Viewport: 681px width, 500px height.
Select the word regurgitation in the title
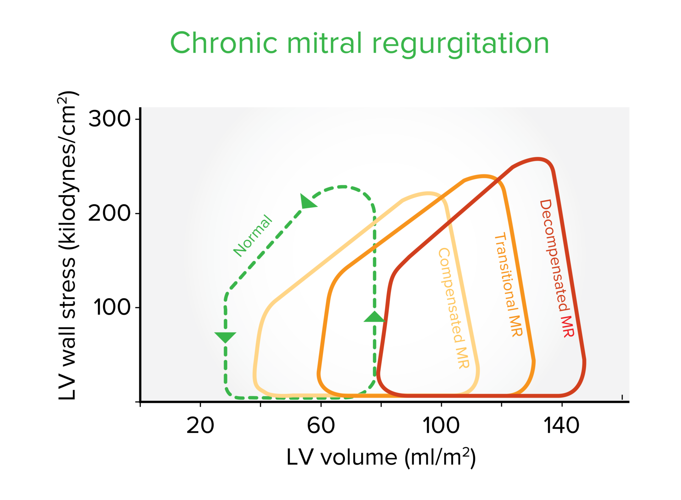[461, 44]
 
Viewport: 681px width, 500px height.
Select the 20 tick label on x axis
[200, 425]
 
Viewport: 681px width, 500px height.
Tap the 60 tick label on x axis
[321, 425]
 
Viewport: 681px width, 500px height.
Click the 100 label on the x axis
[441, 425]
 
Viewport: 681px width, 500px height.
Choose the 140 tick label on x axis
[561, 425]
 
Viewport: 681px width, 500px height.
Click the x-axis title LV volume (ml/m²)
[381, 457]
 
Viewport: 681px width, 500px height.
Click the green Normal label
[253, 236]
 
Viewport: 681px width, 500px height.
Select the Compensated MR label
[454, 308]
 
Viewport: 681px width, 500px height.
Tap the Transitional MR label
[508, 284]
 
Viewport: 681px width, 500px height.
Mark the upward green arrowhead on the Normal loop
[375, 317]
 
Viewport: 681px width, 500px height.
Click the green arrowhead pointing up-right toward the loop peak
[308, 202]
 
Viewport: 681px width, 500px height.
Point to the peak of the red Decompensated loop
[538, 159]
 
